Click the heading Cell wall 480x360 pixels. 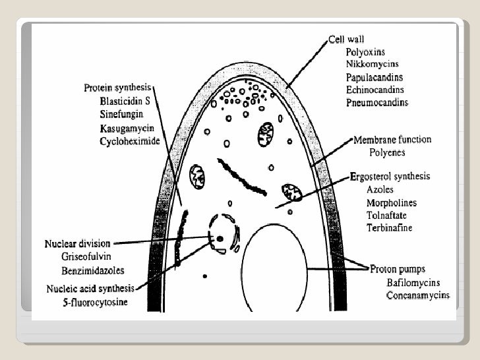click(346, 39)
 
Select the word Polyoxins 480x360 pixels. click(365, 51)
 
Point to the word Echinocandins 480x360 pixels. click(375, 90)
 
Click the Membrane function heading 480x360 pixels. click(392, 140)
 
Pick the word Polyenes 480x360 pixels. click(387, 152)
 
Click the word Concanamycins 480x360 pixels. click(418, 295)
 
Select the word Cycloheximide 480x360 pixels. click(129, 140)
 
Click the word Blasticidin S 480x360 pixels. click(125, 102)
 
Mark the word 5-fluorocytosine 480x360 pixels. click(95, 303)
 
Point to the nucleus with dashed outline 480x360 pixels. click(223, 233)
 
